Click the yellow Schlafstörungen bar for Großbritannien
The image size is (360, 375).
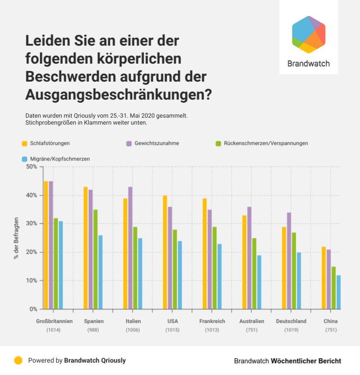coord(46,245)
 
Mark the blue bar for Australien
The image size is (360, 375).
coord(259,282)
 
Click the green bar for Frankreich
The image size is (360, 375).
coord(214,268)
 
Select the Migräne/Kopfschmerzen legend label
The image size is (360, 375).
coord(60,159)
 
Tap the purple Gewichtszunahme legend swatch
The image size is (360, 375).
coord(129,143)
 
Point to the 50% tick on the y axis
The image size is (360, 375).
coord(30,167)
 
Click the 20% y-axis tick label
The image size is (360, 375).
coord(30,252)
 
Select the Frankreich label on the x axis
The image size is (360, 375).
coord(212,321)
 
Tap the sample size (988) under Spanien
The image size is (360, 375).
coord(94,330)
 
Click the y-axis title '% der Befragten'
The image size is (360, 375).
coord(16,238)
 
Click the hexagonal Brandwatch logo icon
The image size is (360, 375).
coord(308,34)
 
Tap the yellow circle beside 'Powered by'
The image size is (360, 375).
coord(18,361)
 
